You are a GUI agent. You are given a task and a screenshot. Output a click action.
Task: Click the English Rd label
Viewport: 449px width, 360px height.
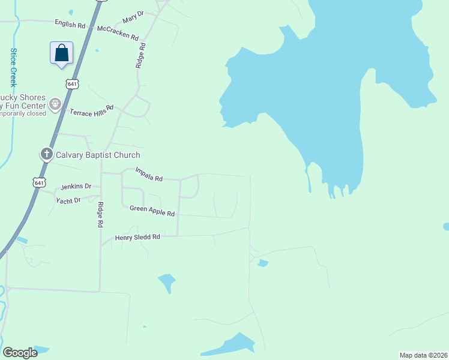tap(70, 25)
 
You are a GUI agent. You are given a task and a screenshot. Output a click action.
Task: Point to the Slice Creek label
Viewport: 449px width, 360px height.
tap(13, 67)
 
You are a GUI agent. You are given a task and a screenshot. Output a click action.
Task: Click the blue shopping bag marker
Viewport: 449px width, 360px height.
tap(61, 53)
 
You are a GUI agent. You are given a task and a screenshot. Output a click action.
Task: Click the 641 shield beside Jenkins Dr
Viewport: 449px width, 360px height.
tap(39, 182)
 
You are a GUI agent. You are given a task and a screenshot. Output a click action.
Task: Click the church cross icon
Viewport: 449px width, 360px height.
tap(47, 154)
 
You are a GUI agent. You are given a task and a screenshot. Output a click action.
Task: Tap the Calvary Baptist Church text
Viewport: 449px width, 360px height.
tap(98, 155)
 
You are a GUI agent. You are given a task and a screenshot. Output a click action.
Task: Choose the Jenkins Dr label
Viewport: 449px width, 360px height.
tap(76, 187)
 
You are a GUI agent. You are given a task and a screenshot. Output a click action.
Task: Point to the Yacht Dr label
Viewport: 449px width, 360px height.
tap(68, 200)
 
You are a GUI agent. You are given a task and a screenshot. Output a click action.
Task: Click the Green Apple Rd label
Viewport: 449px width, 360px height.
tap(152, 211)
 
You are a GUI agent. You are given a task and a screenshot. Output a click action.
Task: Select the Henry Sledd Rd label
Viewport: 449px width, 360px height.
tap(137, 237)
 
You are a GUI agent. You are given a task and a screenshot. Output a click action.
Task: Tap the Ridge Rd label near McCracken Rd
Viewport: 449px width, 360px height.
tap(140, 55)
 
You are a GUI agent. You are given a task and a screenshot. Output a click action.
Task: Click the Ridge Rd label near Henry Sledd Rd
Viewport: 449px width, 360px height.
tap(100, 214)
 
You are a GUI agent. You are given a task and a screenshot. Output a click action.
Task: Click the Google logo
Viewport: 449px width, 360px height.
tap(20, 353)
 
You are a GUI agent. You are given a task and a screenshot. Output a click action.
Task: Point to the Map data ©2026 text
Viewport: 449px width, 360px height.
tap(423, 355)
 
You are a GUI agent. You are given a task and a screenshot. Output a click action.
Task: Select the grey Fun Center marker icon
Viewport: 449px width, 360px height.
tap(56, 104)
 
